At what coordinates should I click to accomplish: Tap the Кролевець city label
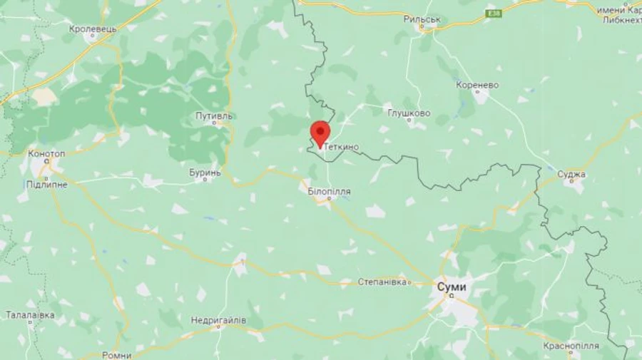tap(93, 29)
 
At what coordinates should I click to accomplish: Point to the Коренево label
tap(477, 85)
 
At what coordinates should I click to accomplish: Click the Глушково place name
tap(409, 113)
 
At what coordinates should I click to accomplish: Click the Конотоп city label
tap(46, 153)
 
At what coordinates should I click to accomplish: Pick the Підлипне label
tap(47, 184)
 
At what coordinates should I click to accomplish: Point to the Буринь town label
tap(205, 172)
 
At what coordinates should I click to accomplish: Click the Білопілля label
tap(329, 191)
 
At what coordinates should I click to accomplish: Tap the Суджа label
tap(571, 174)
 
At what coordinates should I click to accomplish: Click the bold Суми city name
tap(451, 286)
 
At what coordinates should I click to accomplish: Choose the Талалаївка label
tap(30, 314)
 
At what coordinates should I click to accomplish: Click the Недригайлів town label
tap(218, 320)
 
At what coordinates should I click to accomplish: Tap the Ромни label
tap(116, 355)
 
